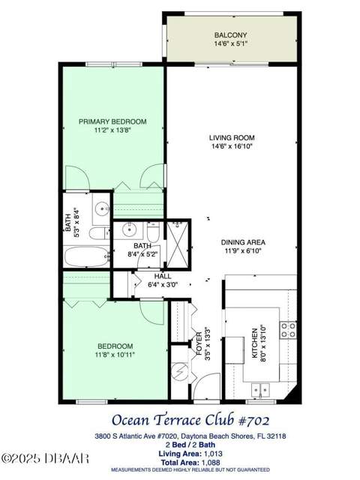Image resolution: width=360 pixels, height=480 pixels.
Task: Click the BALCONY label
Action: pos(230,35)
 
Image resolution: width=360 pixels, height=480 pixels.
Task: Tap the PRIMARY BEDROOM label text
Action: pos(112,121)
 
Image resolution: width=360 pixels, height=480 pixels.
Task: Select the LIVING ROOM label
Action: pos(232,138)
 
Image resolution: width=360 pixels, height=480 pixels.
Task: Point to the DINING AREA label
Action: pos(243,242)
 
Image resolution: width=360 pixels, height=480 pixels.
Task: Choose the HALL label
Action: pos(163,276)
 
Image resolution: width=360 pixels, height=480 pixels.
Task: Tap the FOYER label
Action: pos(199,343)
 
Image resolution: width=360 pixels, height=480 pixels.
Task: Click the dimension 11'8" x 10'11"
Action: pos(115,355)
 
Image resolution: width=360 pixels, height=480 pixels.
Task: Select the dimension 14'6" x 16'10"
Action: pos(232,146)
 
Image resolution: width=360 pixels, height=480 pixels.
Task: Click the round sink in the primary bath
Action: pos(101,209)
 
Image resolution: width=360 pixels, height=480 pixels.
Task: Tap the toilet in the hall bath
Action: pos(153,232)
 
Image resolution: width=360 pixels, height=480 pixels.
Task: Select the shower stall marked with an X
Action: pos(177,244)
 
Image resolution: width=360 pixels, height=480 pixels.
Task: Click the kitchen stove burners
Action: pos(288,330)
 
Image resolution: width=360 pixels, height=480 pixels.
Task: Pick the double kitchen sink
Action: pos(260,390)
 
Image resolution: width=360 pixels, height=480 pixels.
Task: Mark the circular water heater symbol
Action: pos(179,371)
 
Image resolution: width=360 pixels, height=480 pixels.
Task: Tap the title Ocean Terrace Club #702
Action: pos(190,420)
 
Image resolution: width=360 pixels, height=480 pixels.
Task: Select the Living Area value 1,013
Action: pos(213,454)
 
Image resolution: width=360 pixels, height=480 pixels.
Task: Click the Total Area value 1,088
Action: pos(210,463)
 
